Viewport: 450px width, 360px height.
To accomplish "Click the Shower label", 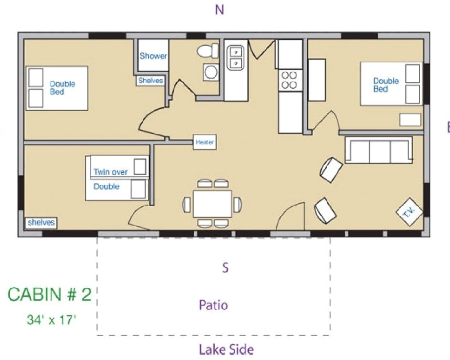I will click(153, 56).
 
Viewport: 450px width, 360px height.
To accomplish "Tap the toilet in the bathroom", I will click(207, 51).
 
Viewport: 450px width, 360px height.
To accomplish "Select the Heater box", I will click(205, 142).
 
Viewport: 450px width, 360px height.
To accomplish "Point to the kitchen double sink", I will click(235, 58).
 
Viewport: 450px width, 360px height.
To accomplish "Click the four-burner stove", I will click(289, 80).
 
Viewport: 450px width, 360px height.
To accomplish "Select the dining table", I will click(212, 204).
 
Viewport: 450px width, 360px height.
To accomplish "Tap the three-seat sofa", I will click(379, 151).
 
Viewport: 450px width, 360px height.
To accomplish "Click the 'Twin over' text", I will click(111, 172).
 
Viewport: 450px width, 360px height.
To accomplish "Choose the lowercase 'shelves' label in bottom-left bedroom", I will click(41, 222).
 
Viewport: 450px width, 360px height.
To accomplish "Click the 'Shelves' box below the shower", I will click(151, 81).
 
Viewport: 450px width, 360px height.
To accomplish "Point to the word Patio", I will click(213, 305).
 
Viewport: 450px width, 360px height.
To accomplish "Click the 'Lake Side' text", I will click(226, 350).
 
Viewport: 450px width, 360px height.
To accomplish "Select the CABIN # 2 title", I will click(49, 295).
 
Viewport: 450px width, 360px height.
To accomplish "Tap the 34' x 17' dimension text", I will click(51, 319).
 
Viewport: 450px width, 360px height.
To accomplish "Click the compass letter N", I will click(219, 10).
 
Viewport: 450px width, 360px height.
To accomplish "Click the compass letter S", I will click(225, 267).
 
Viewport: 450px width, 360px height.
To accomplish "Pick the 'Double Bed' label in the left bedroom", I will click(62, 88).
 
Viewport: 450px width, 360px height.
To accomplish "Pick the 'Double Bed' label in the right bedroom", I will click(386, 84).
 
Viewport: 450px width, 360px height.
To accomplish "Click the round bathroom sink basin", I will click(210, 72).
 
